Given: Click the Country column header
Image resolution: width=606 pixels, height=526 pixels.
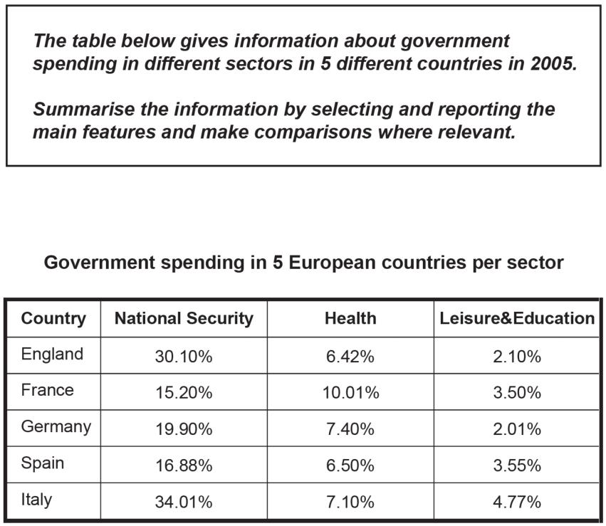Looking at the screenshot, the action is pos(53,319).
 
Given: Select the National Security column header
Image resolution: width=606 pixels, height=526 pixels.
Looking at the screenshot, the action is pos(184,319).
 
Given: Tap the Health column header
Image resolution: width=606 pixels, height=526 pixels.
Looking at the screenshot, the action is pos(350,319).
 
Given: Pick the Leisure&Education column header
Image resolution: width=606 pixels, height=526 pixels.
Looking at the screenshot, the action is pos(517,319).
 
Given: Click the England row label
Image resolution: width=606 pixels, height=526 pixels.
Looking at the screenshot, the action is pos(52,354).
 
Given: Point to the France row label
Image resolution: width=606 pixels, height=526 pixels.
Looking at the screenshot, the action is pos(47,390).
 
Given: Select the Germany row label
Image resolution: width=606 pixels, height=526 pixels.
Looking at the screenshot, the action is pos(56,427).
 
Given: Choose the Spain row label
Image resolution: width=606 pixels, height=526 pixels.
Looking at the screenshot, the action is pos(43,463).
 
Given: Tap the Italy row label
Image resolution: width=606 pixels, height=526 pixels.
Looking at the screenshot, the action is pos(36,500).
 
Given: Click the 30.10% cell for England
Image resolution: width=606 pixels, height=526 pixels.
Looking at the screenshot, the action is pos(184,357).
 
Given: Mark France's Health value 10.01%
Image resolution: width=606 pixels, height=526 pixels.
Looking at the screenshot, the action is pos(350,393).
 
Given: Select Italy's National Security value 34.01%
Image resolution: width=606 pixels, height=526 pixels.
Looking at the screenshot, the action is pos(184,502).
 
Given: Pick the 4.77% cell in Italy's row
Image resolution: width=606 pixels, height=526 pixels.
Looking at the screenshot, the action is pos(517,502).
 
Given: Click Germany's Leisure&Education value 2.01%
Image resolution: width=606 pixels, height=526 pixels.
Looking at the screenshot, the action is pos(517,429).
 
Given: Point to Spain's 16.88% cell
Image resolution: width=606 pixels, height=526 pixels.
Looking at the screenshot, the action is pos(184,465).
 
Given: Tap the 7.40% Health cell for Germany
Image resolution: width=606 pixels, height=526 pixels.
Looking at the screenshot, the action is pos(350,429).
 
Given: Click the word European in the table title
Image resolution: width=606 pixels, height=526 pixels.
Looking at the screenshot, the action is pos(332,263).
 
